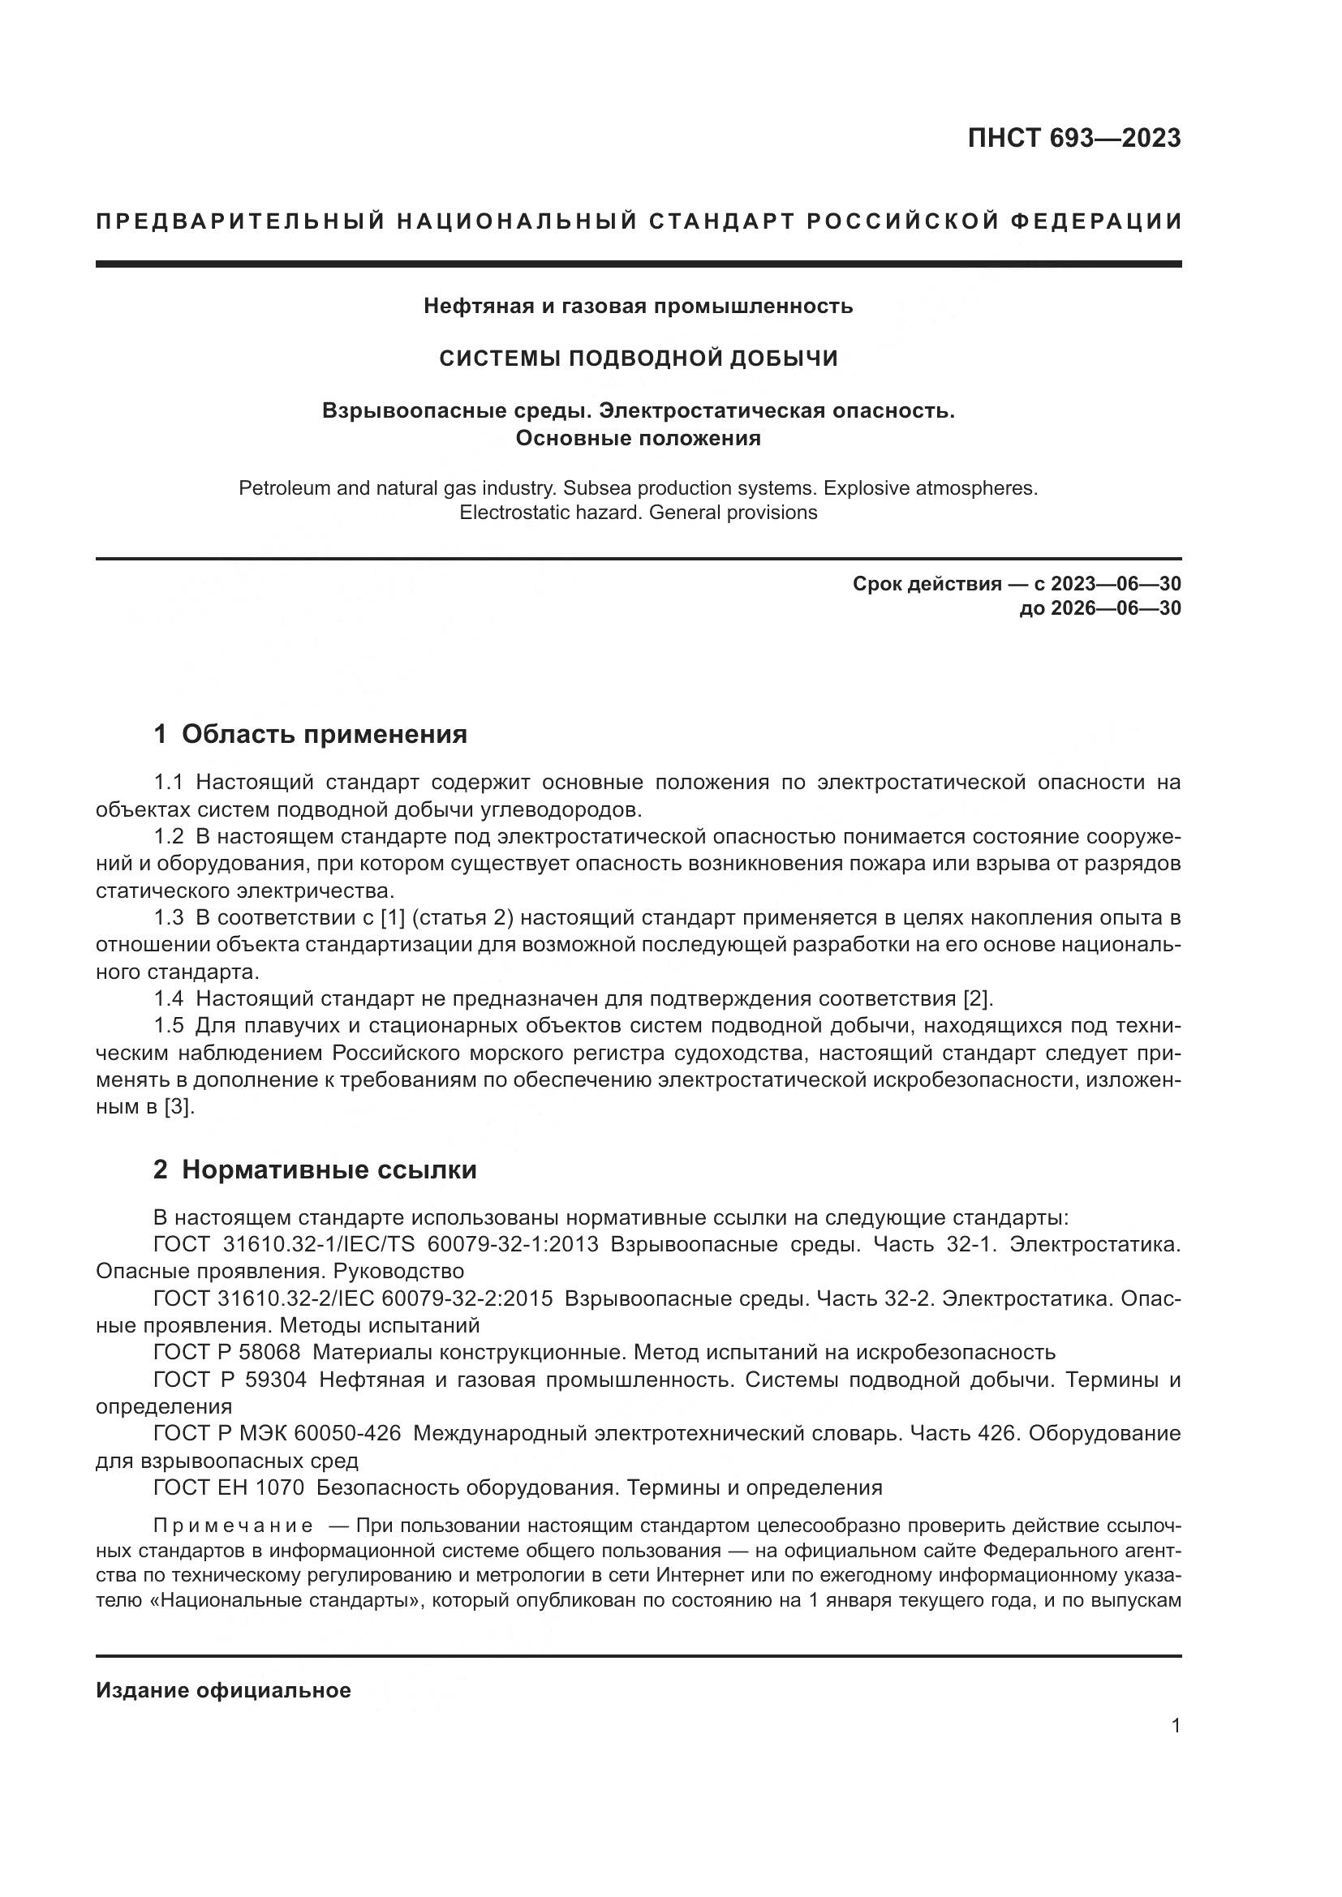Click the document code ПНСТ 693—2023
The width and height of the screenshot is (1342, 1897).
[1073, 138]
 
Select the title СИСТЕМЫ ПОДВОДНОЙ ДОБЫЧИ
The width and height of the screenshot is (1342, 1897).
[638, 358]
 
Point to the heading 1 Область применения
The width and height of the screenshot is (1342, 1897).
[310, 734]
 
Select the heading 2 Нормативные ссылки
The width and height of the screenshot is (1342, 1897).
[315, 1170]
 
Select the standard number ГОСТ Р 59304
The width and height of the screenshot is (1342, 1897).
[230, 1380]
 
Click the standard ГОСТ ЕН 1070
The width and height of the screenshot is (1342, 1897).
[228, 1488]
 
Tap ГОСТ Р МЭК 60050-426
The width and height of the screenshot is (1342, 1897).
[277, 1433]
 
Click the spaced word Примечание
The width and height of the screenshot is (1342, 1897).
[233, 1526]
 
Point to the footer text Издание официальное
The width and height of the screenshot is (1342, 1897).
[223, 1690]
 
